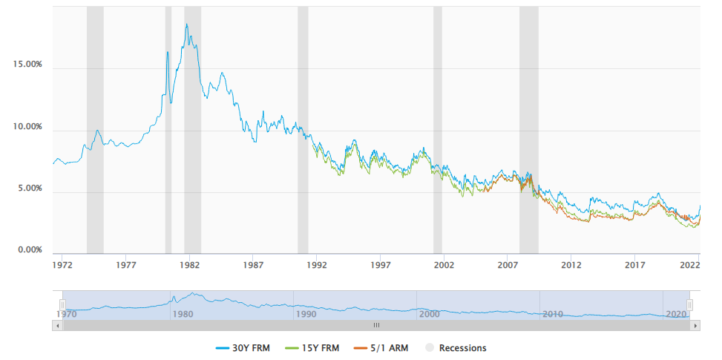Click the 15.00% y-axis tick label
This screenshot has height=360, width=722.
coord(28,65)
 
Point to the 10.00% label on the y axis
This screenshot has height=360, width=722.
coord(28,127)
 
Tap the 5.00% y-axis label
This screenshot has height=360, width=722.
coord(30,189)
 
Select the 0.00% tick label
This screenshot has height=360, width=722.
coord(30,250)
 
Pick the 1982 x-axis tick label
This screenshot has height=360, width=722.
coord(189,264)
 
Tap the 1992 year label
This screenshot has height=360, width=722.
coord(317,264)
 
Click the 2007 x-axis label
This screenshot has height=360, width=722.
coord(508,264)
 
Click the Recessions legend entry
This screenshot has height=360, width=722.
coord(455,347)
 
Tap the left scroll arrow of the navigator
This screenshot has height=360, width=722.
coord(57,325)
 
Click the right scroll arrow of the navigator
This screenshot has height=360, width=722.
coord(695,325)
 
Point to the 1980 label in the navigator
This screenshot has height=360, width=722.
coord(183,314)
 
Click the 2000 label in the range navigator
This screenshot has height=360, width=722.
coord(430,314)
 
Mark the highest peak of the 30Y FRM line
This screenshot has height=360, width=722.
coord(186,24)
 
